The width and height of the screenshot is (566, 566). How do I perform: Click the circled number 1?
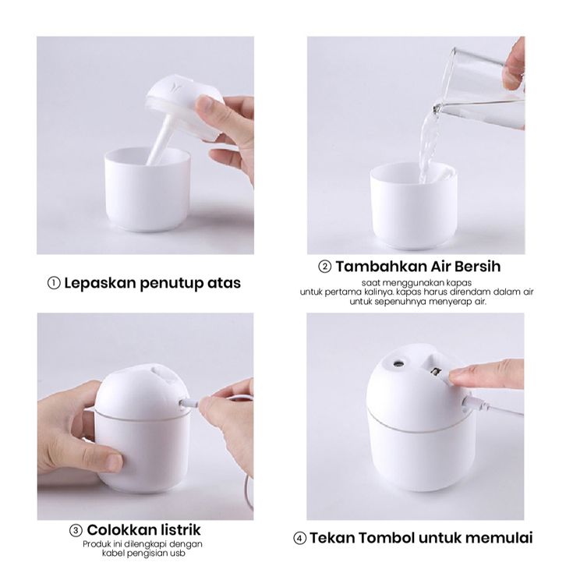54,283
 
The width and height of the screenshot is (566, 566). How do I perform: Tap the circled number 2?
324,267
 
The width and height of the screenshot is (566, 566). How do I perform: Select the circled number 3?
76,531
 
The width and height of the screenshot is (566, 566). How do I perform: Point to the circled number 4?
299,539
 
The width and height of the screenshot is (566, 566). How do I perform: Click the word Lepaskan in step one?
100,283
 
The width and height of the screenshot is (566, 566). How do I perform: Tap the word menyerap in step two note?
454,302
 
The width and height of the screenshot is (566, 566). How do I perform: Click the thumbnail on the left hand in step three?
114,462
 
